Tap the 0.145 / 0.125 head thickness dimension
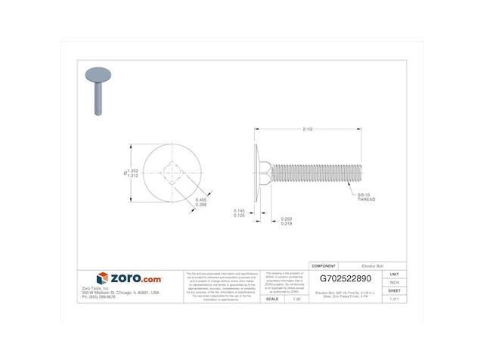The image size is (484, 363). (240, 213)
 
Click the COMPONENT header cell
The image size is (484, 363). (324, 266)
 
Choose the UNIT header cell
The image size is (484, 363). (393, 274)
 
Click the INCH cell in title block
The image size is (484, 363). (393, 282)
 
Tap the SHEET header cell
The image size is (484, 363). (393, 290)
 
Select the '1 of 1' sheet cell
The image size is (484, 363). (393, 299)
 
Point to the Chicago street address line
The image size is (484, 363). (120, 292)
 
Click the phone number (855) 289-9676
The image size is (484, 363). (101, 296)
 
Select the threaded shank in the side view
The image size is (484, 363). (318, 172)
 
